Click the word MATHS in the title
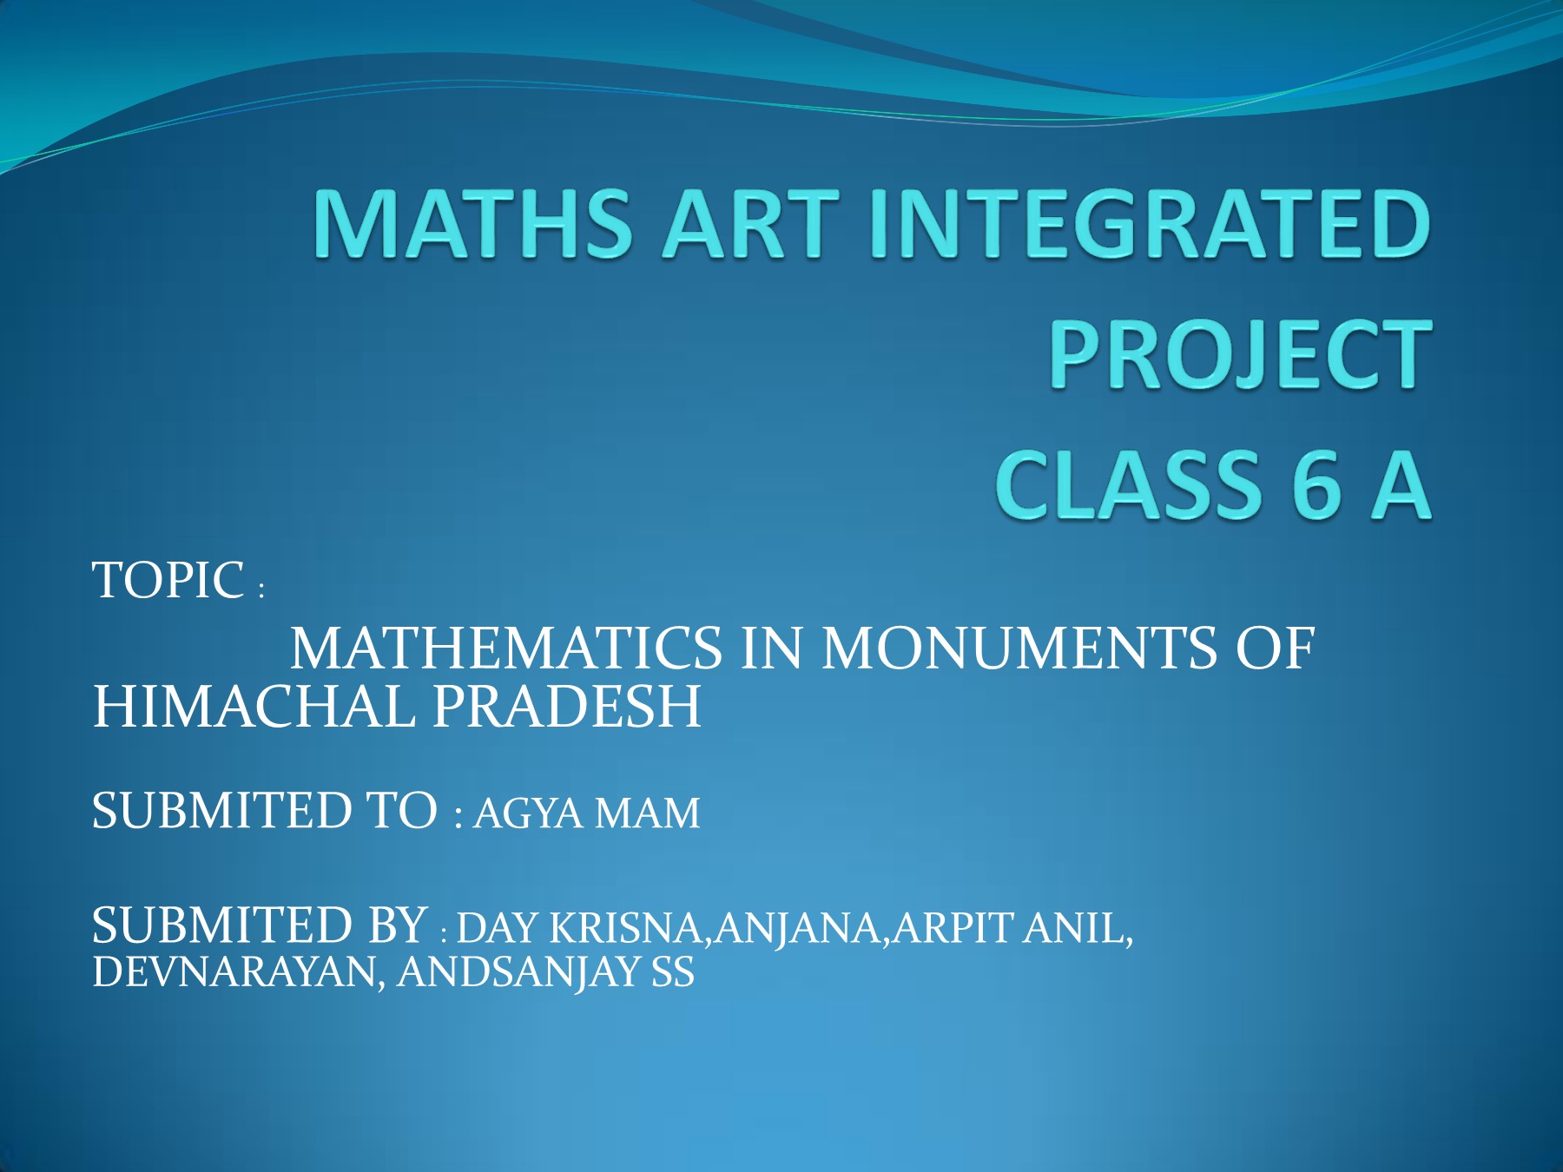(472, 224)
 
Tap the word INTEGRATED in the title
(1150, 224)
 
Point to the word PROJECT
(1241, 354)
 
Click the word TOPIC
(168, 580)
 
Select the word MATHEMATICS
(505, 649)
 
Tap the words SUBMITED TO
(265, 811)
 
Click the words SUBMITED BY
(260, 925)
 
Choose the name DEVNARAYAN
(234, 972)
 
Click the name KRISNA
(625, 929)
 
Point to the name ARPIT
(953, 929)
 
